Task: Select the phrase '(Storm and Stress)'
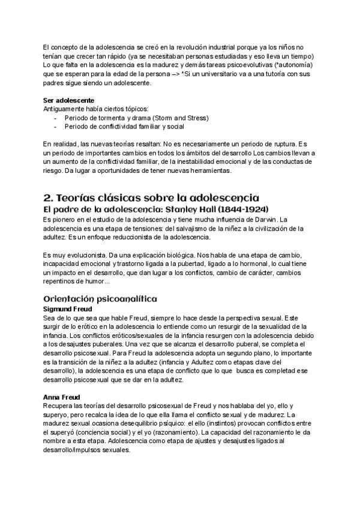(x=179, y=118)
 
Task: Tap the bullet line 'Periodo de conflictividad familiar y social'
(x=124, y=127)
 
